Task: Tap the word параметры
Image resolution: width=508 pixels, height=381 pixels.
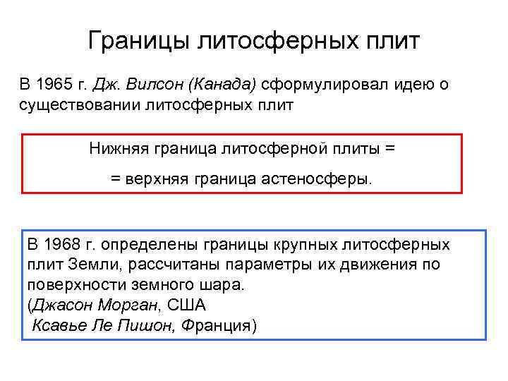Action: point(268,265)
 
